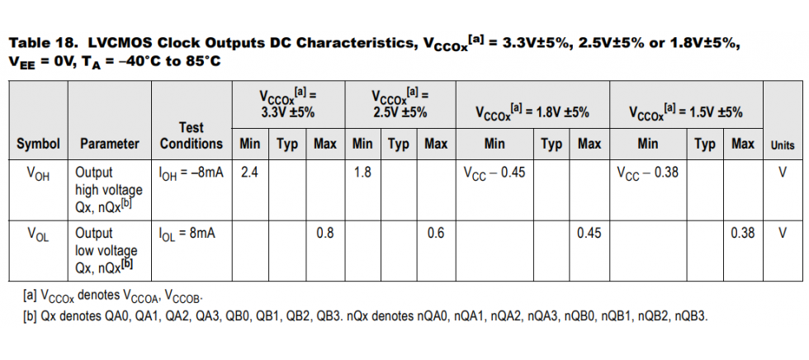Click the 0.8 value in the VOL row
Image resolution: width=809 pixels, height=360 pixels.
coord(325,233)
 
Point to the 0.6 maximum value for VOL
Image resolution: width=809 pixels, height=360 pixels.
coord(436,233)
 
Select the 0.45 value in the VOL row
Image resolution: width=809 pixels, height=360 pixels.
coord(589,233)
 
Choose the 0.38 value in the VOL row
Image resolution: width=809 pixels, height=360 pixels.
coord(742,233)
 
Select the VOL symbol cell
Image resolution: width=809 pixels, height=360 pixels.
coord(38,233)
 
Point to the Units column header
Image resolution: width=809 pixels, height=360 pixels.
coord(782,144)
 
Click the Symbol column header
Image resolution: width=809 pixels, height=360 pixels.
coord(38,144)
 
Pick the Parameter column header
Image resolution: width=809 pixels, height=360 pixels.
coord(109,144)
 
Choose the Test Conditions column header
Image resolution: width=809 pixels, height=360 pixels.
coord(191,135)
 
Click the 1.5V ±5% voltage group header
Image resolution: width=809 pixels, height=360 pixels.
coord(685,111)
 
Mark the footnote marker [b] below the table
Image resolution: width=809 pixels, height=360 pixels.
coord(30,315)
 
